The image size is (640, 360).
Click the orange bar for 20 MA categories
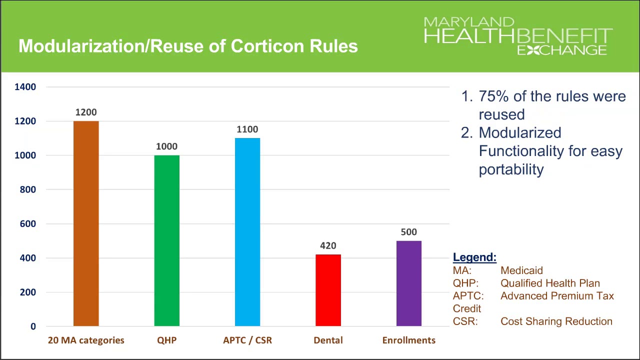pos(86,223)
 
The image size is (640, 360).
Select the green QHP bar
pos(166,240)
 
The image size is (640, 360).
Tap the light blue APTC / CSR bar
pos(247,232)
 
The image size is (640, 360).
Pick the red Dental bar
pos(328,290)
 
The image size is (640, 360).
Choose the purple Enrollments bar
pos(409,283)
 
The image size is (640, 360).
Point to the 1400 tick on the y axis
pos(25,87)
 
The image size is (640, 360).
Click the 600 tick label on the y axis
pos(28,224)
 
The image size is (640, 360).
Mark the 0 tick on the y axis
pos(33,326)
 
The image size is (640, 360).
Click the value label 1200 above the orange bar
pos(86,112)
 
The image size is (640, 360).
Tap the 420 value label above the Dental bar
pos(328,246)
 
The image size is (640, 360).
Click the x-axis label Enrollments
pos(409,340)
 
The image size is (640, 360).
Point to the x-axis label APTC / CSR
pos(247,340)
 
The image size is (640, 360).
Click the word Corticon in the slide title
pos(267,46)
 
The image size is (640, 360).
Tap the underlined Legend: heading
pos(474,257)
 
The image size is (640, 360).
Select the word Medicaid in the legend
pos(521,270)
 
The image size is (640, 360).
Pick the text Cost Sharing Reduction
pos(556,321)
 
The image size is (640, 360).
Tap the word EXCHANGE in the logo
pos(562,50)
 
